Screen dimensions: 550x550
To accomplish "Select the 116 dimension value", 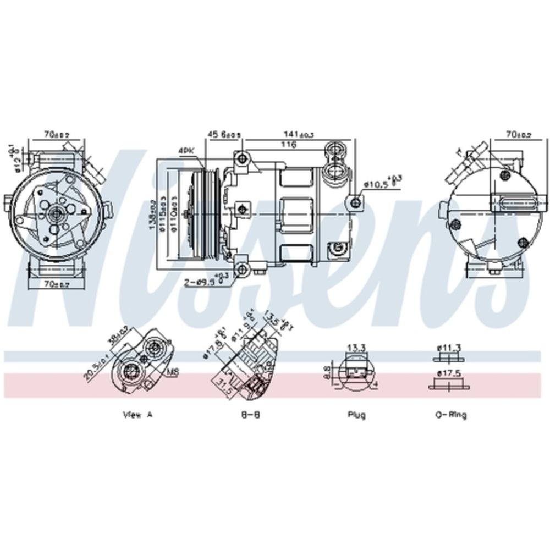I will point(288,145).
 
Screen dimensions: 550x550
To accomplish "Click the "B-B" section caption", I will point(250,415).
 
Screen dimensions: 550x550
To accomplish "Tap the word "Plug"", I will point(356,415).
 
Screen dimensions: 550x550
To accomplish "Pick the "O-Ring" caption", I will point(450,415).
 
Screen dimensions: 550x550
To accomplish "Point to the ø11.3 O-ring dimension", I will point(449,347).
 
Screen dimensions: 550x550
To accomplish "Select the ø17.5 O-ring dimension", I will point(449,373).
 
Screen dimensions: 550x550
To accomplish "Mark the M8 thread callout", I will point(173,373).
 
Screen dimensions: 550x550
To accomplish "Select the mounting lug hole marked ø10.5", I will point(356,201).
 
